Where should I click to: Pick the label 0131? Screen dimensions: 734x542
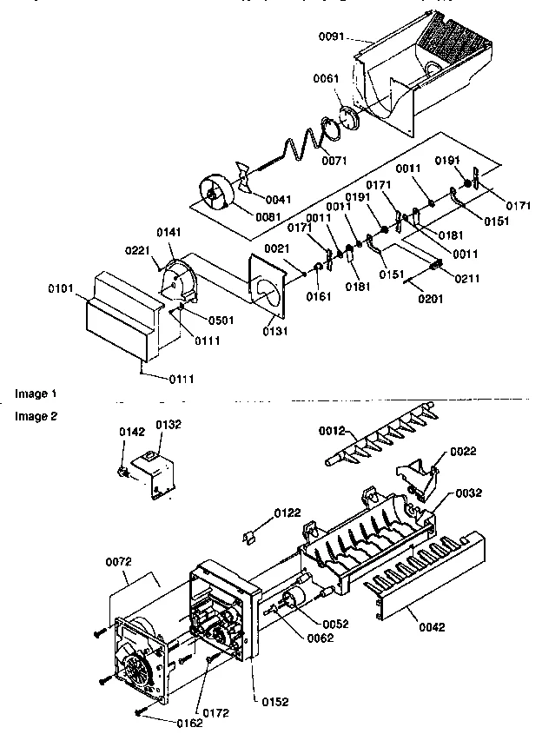pyautogui.click(x=274, y=332)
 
